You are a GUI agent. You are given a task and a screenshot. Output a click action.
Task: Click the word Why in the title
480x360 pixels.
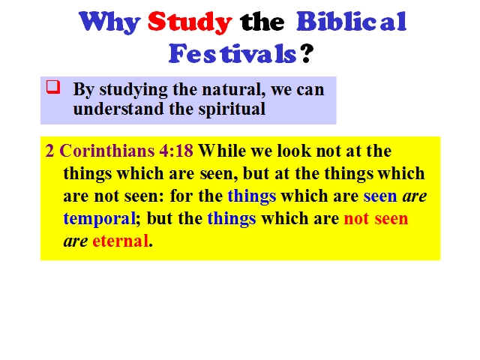coord(109,22)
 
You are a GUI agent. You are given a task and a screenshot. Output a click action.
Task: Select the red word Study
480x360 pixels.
coord(190,22)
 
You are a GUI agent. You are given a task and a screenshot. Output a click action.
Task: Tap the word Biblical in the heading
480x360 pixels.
coord(352,21)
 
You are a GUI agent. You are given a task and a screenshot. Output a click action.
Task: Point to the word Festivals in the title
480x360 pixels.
coord(232,53)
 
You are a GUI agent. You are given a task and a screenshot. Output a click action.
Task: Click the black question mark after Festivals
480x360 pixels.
coord(307,53)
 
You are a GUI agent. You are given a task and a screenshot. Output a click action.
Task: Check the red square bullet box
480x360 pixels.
coord(53,87)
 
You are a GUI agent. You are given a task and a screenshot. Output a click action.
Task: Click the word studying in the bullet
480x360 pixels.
coord(133,90)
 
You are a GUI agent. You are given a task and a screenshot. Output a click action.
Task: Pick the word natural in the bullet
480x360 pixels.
coord(233,90)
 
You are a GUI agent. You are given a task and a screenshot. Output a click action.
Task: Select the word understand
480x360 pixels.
coord(118,109)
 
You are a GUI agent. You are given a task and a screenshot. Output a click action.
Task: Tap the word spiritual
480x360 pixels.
coord(232,109)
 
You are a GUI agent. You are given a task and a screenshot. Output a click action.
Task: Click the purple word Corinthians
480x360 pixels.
coord(106,151)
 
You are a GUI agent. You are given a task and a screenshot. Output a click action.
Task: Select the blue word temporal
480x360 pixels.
coord(99,219)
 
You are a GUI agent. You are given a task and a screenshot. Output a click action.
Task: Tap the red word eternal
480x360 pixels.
coord(120,241)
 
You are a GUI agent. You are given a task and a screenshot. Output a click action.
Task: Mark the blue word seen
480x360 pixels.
coord(380,196)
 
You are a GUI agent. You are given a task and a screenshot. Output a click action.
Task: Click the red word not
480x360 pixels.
coord(356,218)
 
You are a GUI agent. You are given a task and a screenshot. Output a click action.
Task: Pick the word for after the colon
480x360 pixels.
coord(181,196)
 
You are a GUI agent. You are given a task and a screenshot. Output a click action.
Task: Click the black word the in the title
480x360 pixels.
coord(262,22)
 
